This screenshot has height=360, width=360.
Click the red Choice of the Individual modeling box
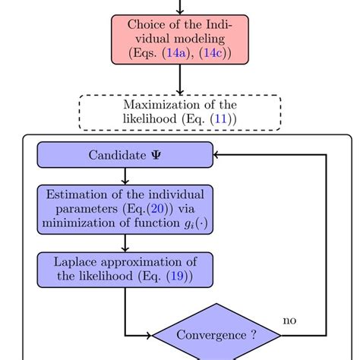tap(180, 39)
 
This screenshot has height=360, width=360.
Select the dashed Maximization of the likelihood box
tap(180, 112)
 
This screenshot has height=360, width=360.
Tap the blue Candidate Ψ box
tap(125, 155)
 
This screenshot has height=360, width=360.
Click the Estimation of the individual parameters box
tap(125, 210)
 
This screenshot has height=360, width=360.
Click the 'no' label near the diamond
tap(289, 320)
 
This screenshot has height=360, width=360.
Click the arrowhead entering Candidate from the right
tap(219, 155)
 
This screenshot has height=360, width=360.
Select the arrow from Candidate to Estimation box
tap(125, 175)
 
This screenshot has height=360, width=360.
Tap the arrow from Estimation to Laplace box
tap(125, 243)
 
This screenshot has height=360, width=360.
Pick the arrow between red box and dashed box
tap(180, 79)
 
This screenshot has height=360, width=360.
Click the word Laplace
tap(79, 261)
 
